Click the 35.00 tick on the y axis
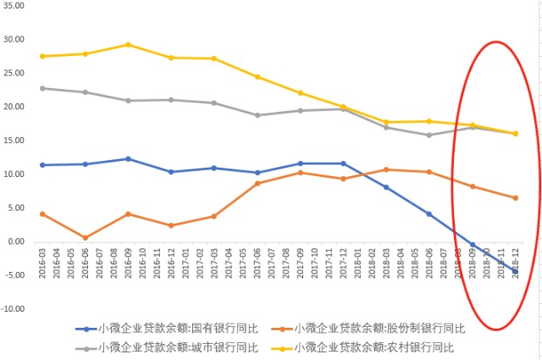click(13, 5)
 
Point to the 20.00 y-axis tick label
click(13, 107)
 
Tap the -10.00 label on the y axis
click(13, 309)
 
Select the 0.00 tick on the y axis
click(16, 241)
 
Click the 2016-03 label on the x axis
click(42, 258)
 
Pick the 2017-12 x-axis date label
click(343, 258)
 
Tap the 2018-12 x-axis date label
click(514, 258)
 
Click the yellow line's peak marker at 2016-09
click(128, 44)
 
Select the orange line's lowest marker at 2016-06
click(85, 238)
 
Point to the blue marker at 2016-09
click(128, 158)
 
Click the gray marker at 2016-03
click(42, 88)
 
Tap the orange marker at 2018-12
click(514, 198)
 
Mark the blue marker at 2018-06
click(429, 213)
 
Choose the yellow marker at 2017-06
click(257, 77)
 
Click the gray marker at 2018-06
click(429, 135)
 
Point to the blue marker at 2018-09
click(472, 245)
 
